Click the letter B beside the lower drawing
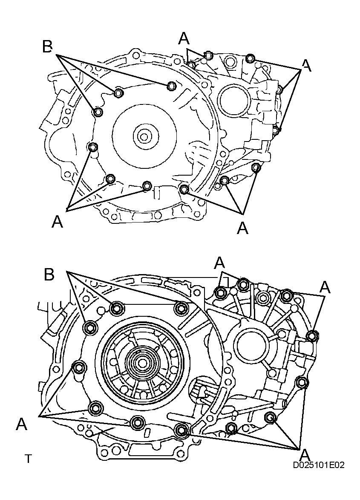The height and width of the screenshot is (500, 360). pyautogui.click(x=49, y=275)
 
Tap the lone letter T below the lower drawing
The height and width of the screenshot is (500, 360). pyautogui.click(x=28, y=459)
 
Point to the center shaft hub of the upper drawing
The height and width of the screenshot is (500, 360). pyautogui.click(x=144, y=137)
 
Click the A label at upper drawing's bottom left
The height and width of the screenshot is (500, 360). pyautogui.click(x=57, y=222)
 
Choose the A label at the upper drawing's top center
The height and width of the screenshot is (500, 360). pyautogui.click(x=184, y=39)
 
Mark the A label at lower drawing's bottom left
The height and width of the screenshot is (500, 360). pyautogui.click(x=22, y=424)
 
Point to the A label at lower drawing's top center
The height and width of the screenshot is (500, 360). pyautogui.click(x=219, y=263)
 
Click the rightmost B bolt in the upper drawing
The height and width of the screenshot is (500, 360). pyautogui.click(x=171, y=86)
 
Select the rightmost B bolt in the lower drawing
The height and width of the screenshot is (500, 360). pyautogui.click(x=181, y=307)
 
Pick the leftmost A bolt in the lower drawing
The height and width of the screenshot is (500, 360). pyautogui.click(x=78, y=367)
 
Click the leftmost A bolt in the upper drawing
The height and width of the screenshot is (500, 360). pyautogui.click(x=92, y=147)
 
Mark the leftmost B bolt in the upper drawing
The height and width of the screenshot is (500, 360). pyautogui.click(x=97, y=112)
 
